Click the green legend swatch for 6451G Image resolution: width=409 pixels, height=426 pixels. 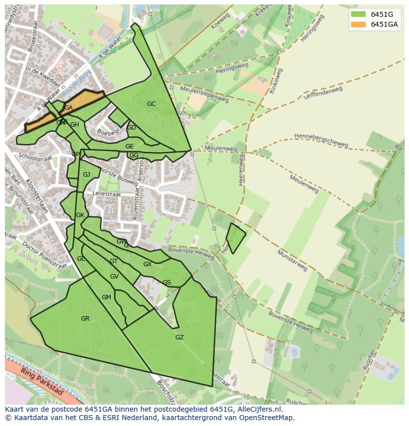pyautogui.click(x=358, y=14)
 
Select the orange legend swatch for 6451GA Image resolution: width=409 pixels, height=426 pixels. pyautogui.click(x=358, y=24)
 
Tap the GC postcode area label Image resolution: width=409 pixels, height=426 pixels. pyautogui.click(x=151, y=104)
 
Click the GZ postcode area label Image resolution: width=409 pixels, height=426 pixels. pyautogui.click(x=179, y=337)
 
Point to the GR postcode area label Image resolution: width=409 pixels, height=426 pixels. pyautogui.click(x=85, y=319)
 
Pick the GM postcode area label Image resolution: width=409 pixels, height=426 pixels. pyautogui.click(x=106, y=297)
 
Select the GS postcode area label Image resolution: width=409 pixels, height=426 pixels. pyautogui.click(x=166, y=283)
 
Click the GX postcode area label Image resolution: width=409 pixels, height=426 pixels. pyautogui.click(x=147, y=264)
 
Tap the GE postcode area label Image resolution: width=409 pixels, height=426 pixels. pyautogui.click(x=129, y=146)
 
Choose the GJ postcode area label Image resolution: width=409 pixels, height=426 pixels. pyautogui.click(x=86, y=175)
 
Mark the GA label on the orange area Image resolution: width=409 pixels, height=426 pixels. pyautogui.click(x=68, y=108)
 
